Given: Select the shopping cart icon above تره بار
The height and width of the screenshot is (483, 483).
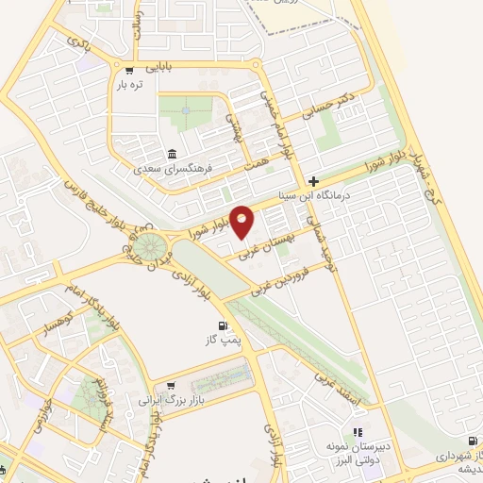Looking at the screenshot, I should (x=129, y=70).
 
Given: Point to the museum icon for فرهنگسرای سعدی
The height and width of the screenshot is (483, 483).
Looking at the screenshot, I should (x=171, y=155).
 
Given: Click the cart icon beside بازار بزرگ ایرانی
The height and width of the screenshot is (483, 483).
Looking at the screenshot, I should (x=171, y=385).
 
